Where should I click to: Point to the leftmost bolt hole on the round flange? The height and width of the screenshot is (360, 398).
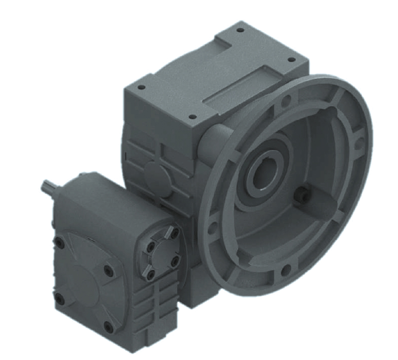[x=212, y=227]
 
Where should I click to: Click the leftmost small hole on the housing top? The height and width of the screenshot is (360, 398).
[x=141, y=87]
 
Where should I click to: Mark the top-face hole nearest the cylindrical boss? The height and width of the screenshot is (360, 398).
[x=192, y=117]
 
